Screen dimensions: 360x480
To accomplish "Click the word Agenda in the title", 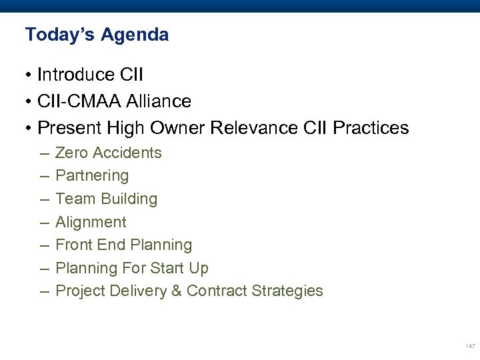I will pos(135,35).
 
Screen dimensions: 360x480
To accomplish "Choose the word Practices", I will pos(369,128).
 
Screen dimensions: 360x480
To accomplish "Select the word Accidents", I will pos(127,153).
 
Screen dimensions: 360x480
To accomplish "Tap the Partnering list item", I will pos(92,176).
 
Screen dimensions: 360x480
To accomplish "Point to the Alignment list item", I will pos(91,222).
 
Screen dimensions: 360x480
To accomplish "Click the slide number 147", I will pos(471,346).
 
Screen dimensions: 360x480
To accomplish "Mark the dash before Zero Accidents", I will pos(44,153).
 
